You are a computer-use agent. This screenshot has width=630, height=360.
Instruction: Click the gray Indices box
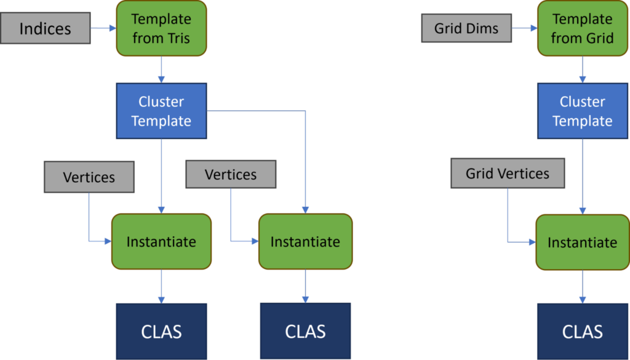[45, 28]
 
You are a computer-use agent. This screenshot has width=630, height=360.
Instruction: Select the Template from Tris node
[161, 28]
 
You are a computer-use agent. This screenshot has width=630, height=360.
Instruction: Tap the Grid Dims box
[466, 28]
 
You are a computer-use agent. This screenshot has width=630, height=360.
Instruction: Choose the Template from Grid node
[582, 28]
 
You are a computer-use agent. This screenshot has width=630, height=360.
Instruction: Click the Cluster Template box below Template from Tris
[161, 111]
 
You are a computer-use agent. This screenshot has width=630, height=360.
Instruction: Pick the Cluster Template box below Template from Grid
[582, 111]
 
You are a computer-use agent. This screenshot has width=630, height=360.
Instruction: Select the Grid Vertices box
[508, 174]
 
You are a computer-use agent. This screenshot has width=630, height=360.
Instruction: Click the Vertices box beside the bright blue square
[231, 175]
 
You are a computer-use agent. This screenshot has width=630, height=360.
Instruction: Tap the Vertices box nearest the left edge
[89, 177]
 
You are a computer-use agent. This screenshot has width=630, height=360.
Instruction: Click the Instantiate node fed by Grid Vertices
[582, 242]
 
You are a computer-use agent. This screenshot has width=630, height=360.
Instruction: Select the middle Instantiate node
[305, 241]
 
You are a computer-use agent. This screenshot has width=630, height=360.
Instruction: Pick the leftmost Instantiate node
[161, 241]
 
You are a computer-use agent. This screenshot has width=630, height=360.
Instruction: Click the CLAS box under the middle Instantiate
[305, 332]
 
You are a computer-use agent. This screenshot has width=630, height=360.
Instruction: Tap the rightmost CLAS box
[582, 332]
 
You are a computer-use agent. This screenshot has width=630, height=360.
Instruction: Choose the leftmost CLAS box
[161, 332]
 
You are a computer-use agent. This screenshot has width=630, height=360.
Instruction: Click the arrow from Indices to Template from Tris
[103, 28]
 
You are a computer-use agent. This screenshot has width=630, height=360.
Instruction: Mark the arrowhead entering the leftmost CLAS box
[161, 300]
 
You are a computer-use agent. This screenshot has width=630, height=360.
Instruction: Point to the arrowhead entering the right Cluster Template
[582, 80]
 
